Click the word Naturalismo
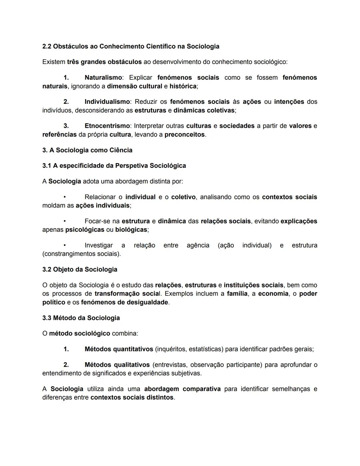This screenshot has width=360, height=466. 103,78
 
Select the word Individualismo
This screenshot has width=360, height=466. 107,102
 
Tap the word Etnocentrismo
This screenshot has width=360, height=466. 107,126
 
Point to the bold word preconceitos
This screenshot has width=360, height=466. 184,135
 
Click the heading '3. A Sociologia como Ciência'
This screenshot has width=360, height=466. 87,150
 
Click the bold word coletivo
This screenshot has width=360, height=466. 183,197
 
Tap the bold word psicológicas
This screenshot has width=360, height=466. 85,230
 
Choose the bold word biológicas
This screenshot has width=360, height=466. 131,230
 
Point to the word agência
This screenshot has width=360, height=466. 198,246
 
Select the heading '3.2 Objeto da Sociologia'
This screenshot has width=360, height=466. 80,270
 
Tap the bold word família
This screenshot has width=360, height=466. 237,294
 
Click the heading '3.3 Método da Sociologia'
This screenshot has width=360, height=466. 81,318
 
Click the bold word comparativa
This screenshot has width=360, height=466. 202,389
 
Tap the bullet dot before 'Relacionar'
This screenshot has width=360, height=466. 65,197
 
